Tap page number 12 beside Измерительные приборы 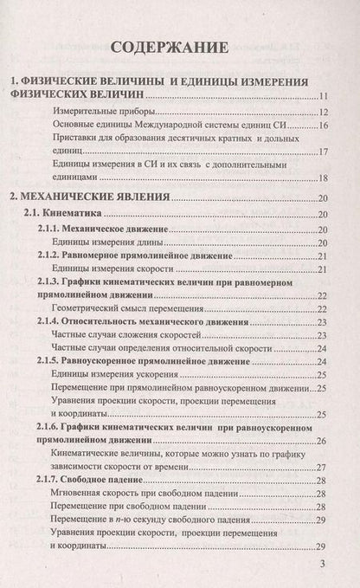tap(321, 113)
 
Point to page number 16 tap(321, 126)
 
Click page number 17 tap(321, 152)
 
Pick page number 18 tap(321, 178)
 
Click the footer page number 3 tap(322, 564)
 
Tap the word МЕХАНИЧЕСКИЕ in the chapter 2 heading tap(75, 198)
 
